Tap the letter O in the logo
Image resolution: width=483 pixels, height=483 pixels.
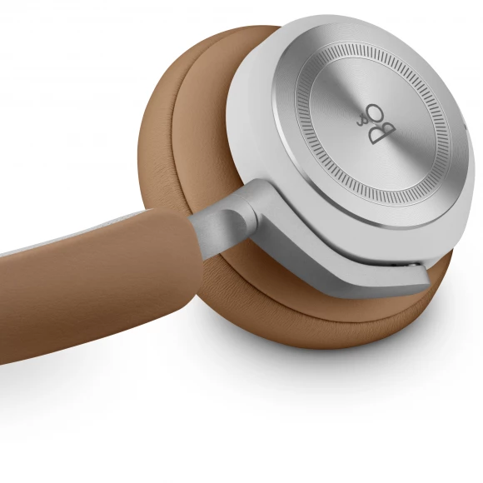(376, 113)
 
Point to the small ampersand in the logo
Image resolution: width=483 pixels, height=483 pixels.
(361, 122)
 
